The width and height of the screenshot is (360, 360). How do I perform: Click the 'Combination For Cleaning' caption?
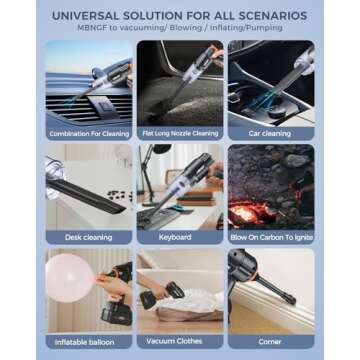[89, 133]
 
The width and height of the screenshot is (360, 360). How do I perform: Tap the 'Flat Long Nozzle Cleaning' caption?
[179, 133]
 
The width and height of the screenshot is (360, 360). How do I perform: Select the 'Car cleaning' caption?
[270, 133]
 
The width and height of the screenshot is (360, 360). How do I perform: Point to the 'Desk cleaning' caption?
[89, 237]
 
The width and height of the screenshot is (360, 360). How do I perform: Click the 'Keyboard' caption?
[179, 237]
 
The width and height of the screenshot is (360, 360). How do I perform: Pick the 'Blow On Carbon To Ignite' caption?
[270, 237]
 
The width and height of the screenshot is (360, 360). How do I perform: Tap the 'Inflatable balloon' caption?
[89, 341]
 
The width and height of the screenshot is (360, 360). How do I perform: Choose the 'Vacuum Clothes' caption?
[179, 341]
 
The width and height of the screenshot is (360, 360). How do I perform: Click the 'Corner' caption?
[270, 341]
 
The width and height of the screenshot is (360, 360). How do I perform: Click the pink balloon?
[68, 283]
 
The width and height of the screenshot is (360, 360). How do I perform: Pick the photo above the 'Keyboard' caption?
[179, 187]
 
